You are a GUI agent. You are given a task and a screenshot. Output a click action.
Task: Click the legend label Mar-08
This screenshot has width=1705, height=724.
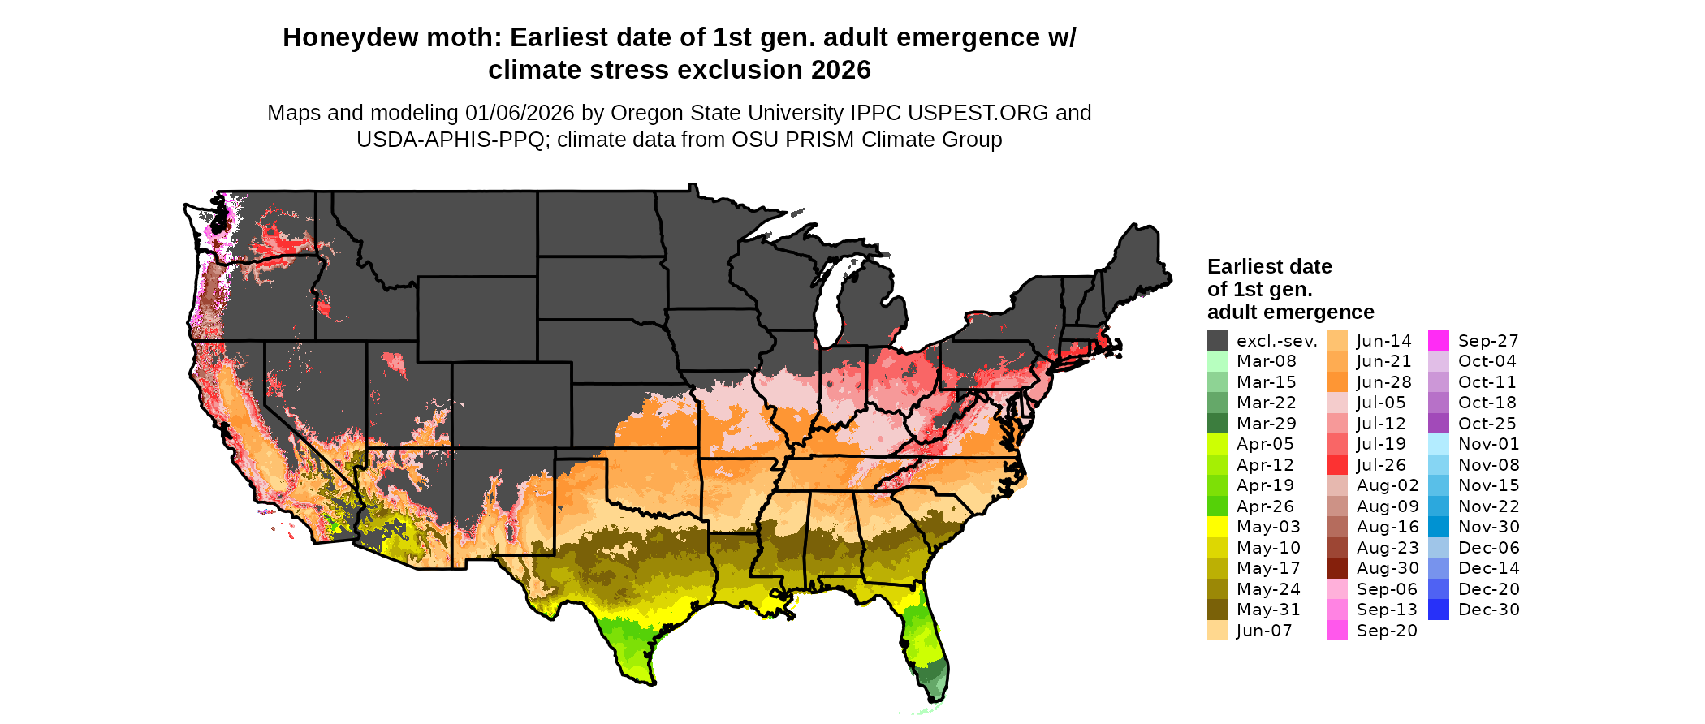[1266, 361]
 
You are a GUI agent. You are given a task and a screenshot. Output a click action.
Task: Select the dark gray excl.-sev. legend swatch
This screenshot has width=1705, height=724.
[1217, 341]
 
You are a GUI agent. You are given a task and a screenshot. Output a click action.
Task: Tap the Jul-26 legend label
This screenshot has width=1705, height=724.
[1381, 465]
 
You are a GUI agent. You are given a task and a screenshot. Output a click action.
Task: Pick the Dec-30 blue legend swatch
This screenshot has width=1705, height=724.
[1438, 610]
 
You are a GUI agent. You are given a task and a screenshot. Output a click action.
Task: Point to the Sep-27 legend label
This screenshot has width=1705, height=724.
[1487, 341]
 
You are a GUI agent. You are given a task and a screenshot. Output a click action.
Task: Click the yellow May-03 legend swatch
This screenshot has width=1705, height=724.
[1217, 527]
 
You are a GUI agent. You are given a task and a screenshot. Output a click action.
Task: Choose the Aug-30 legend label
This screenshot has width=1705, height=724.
[1388, 568]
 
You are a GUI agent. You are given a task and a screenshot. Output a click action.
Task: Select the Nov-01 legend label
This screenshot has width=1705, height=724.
[1488, 444]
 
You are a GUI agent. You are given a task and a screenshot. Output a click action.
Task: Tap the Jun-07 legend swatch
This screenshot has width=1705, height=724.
[1217, 631]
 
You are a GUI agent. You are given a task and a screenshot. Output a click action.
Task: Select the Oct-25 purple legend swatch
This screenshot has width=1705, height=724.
[1438, 424]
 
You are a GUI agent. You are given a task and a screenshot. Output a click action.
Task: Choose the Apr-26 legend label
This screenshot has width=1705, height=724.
[1265, 506]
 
